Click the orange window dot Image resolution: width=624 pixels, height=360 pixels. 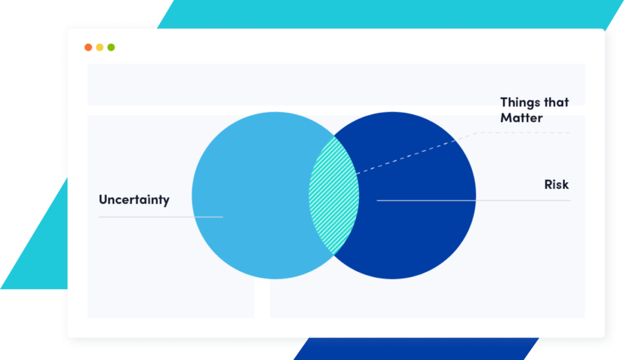pos(88,48)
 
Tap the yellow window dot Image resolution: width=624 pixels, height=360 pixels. pos(100,48)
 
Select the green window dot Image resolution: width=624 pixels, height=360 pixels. pos(111,48)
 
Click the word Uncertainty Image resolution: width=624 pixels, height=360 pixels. pos(134,200)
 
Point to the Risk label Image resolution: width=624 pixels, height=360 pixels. pos(556,185)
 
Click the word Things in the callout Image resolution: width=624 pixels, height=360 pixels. pos(519,102)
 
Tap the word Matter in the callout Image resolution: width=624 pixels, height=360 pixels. pos(521,118)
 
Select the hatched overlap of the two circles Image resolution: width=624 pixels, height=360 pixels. pos(333,195)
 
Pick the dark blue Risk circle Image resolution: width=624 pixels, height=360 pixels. pos(420,231)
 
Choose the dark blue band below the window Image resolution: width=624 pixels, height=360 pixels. pos(414,348)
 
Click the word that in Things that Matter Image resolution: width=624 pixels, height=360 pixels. pos(555,102)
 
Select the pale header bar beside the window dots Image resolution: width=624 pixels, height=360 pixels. pos(335,84)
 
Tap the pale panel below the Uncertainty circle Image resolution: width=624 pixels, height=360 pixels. pos(171,298)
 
